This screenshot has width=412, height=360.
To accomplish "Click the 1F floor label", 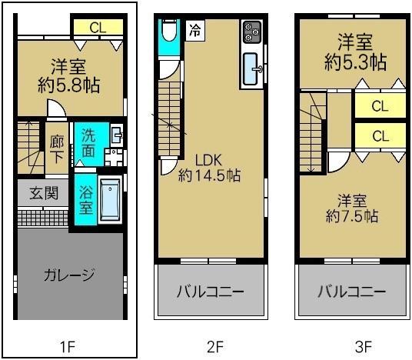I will point(69,345).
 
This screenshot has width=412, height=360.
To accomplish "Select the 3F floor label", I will point(354,345).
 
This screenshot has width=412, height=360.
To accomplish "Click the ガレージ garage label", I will point(69,275).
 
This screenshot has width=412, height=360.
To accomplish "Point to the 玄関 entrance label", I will point(44,193).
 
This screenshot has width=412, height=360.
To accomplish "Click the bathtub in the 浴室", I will point(111,199).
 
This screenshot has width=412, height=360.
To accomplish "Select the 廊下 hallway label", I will point(58,148).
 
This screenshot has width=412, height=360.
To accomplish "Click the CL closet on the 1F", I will point(97,28).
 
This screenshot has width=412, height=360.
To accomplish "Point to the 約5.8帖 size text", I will point(69,83).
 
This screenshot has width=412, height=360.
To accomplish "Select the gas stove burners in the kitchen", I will point(252,32).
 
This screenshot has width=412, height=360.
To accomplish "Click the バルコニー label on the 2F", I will point(210,292).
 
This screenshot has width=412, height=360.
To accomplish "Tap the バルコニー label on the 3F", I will point(351,292).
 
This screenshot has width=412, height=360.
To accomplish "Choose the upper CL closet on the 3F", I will point(380,106).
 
